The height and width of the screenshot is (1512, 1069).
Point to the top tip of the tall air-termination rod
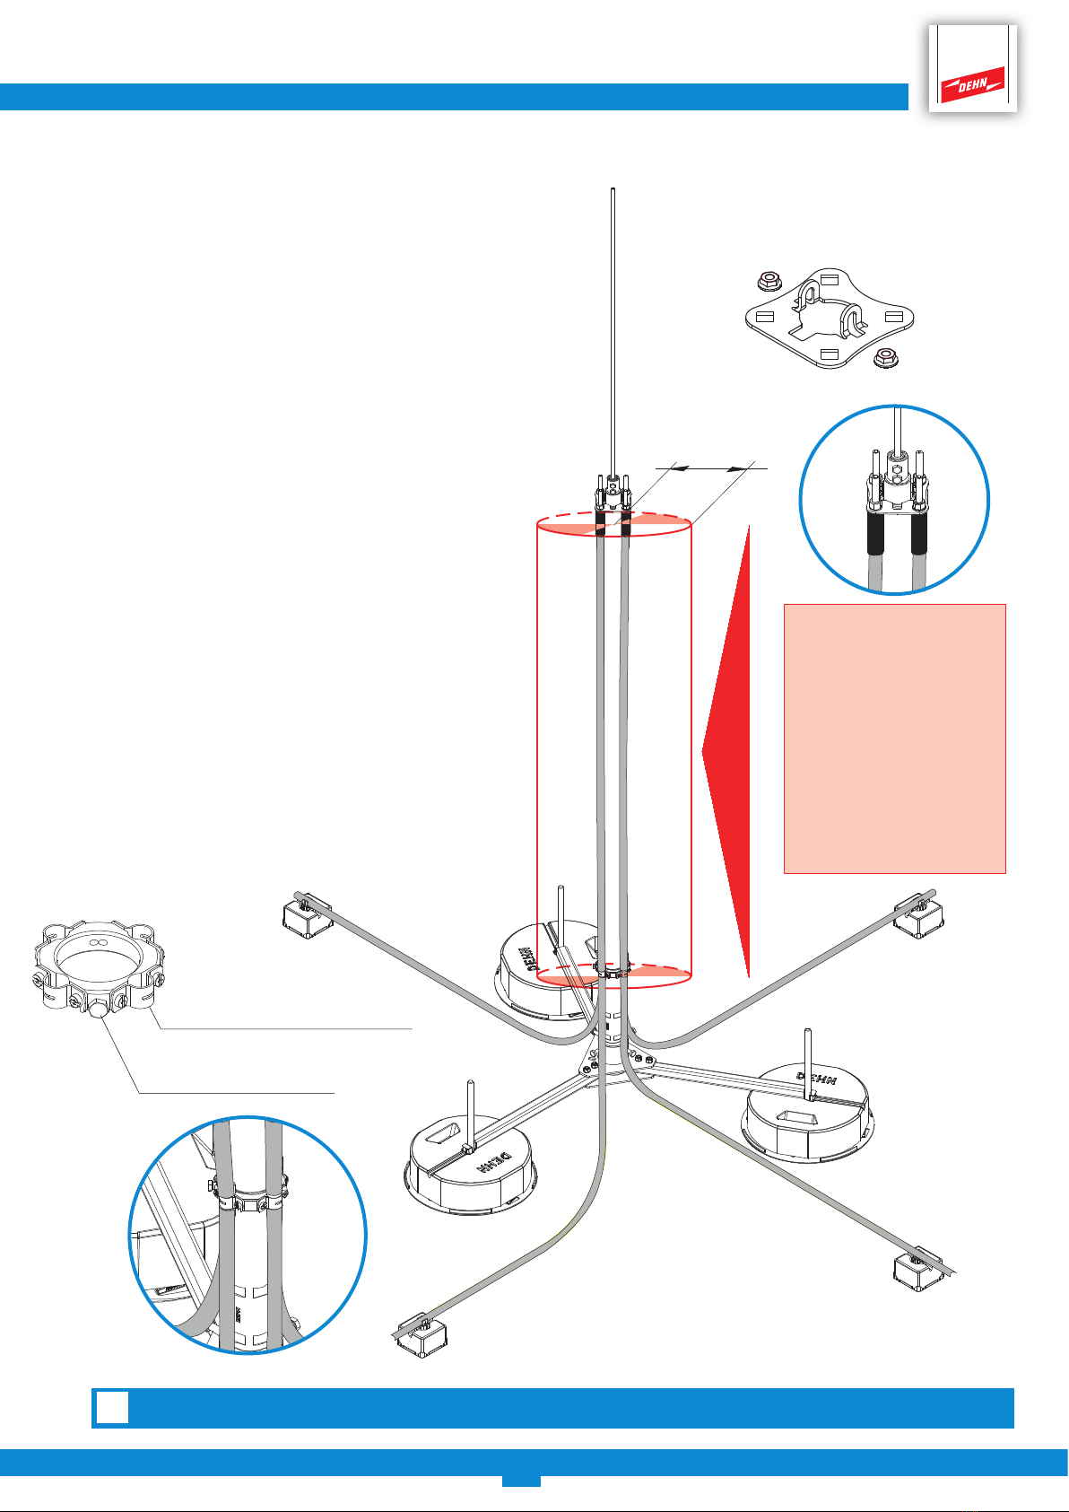point(613,189)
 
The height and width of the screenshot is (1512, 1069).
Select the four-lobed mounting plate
point(829,319)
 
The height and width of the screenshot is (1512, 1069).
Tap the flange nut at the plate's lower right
point(884,357)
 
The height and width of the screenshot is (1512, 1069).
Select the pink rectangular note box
point(894,739)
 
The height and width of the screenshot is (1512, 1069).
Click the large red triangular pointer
point(727,750)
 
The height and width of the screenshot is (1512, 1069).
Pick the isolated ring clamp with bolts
point(100,966)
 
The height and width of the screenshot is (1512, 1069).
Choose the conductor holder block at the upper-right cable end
point(918,913)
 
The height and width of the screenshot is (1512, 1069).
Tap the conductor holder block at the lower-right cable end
point(918,1271)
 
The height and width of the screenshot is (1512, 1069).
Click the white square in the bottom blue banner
point(112,1407)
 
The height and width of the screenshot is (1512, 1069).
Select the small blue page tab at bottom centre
point(521,1481)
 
